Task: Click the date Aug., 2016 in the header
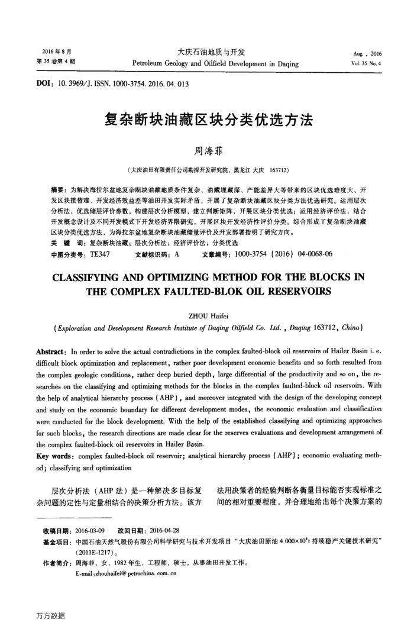point(367,53)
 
